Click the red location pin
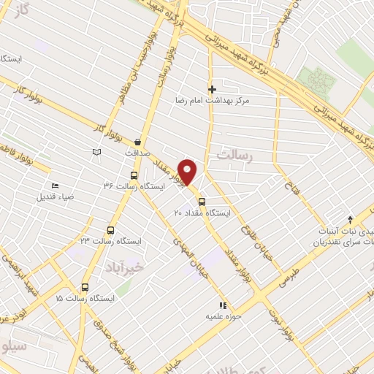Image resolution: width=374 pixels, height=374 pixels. pyautogui.click(x=188, y=171)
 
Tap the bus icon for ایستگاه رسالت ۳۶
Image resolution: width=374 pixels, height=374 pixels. pyautogui.click(x=134, y=175)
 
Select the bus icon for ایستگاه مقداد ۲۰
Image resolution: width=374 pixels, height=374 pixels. pyautogui.click(x=202, y=202)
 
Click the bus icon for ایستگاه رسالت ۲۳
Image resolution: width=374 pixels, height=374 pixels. pyautogui.click(x=110, y=229)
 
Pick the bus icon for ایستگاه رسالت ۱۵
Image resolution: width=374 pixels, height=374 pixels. pyautogui.click(x=85, y=287)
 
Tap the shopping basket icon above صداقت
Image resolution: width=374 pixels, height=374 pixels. pyautogui.click(x=138, y=142)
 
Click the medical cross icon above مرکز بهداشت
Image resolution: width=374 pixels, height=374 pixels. pyautogui.click(x=213, y=88)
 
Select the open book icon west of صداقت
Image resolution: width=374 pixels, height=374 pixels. pyautogui.click(x=95, y=151)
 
